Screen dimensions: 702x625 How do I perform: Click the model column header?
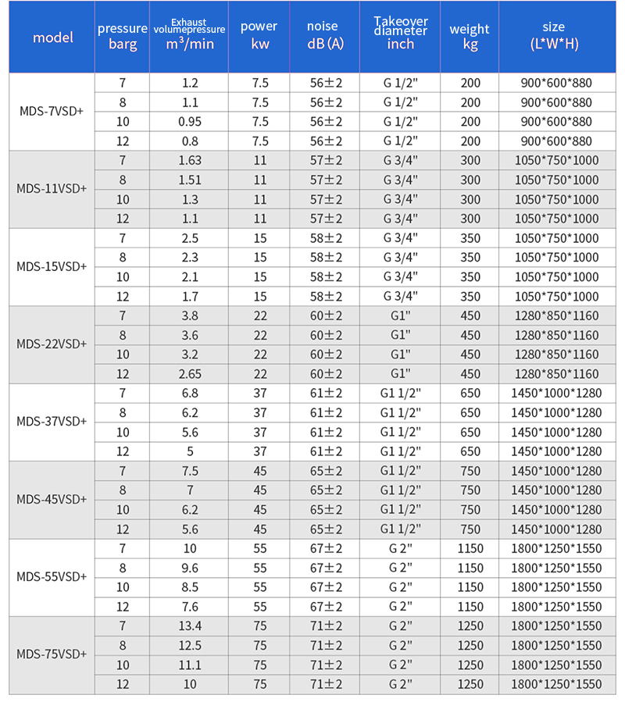tap(52, 37)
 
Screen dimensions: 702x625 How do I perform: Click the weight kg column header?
tap(470, 36)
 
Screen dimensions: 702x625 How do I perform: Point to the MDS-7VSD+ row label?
tap(52, 112)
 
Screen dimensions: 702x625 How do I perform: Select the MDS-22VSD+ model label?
tap(52, 344)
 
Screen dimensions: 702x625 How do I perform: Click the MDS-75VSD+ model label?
tap(52, 654)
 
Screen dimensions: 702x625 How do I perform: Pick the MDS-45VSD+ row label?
tap(52, 500)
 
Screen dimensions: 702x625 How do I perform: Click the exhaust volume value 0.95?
tap(189, 122)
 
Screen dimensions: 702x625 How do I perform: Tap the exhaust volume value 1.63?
tap(189, 160)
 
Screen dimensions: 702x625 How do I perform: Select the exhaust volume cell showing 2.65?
tap(189, 374)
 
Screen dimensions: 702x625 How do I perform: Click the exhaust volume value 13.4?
tap(189, 625)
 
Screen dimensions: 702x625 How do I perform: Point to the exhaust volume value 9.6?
tap(189, 568)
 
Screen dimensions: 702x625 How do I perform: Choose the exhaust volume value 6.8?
tap(189, 393)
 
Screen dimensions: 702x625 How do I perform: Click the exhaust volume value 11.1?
tap(189, 665)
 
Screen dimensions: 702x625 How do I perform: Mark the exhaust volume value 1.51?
tap(189, 180)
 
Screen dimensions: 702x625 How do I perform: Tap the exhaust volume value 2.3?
tap(189, 257)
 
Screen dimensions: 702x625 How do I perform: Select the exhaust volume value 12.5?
tap(189, 645)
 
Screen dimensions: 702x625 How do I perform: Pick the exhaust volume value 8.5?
tap(189, 587)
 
